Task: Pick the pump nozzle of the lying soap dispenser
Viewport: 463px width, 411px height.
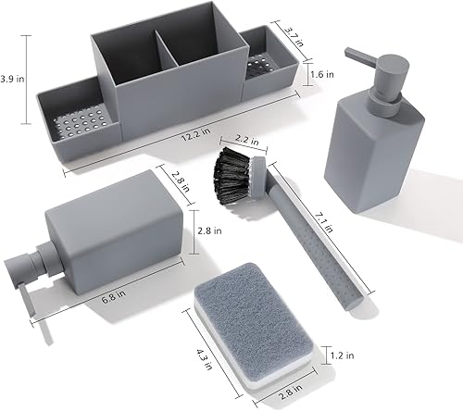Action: click(24, 269)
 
